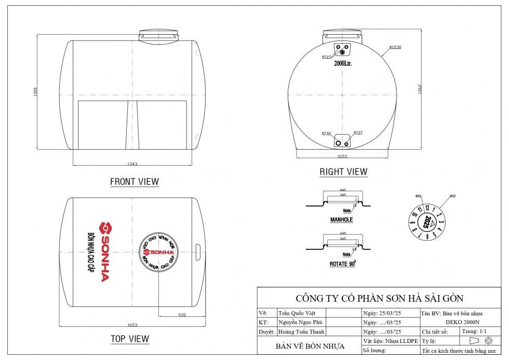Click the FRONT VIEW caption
135,182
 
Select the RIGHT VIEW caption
343,172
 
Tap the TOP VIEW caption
130,339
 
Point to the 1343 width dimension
132,164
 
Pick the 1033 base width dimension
342,156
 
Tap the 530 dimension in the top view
182,315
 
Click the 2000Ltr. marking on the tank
343,63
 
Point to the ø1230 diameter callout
395,47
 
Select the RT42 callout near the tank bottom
326,133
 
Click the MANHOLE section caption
341,220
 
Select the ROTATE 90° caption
342,264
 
